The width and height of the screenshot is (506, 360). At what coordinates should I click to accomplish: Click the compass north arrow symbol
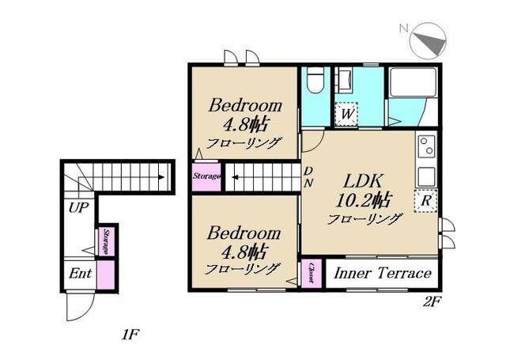pyautogui.click(x=428, y=40)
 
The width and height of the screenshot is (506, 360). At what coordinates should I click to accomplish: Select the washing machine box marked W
pyautogui.click(x=347, y=114)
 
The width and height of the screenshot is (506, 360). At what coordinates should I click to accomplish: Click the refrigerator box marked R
pyautogui.click(x=426, y=201)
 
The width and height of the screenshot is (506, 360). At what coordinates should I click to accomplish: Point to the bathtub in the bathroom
pyautogui.click(x=413, y=82)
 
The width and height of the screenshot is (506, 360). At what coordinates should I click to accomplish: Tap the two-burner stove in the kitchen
pyautogui.click(x=426, y=146)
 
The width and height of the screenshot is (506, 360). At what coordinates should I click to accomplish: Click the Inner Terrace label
pyautogui.click(x=383, y=273)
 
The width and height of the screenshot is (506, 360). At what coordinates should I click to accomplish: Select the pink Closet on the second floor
pyautogui.click(x=312, y=273)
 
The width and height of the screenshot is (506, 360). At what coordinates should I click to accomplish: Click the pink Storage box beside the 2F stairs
pyautogui.click(x=206, y=176)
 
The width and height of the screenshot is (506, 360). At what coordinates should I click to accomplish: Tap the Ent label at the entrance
pyautogui.click(x=80, y=274)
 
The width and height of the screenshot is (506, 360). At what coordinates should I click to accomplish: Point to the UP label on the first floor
pyautogui.click(x=78, y=208)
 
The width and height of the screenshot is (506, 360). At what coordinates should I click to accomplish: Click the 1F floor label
pyautogui.click(x=130, y=335)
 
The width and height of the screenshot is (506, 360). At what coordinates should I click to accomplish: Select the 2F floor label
pyautogui.click(x=432, y=302)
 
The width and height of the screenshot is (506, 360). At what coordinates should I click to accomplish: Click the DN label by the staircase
pyautogui.click(x=308, y=177)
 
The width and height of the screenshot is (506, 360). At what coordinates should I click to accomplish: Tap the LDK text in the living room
pyautogui.click(x=363, y=181)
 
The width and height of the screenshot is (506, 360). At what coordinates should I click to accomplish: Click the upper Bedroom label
pyautogui.click(x=245, y=105)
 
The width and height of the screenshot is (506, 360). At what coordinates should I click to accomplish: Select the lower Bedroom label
pyautogui.click(x=244, y=233)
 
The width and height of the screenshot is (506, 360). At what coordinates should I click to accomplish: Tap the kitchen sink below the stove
pyautogui.click(x=426, y=176)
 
